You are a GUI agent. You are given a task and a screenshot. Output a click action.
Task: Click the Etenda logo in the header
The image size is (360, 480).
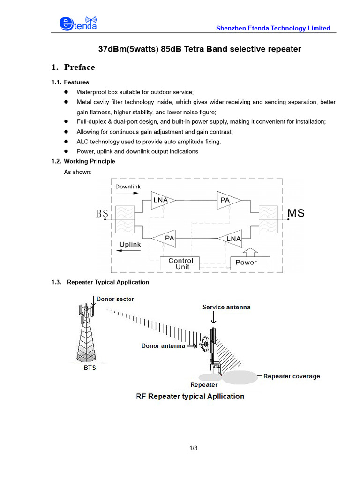tap(78, 24)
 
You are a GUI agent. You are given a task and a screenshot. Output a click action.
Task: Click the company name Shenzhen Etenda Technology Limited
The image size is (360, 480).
tap(273, 28)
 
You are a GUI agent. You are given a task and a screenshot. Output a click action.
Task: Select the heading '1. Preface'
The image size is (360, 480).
tap(73, 67)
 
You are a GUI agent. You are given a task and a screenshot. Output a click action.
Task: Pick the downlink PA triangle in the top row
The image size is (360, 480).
tap(228, 201)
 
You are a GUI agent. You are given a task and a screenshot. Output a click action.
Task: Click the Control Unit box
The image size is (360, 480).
tap(180, 263)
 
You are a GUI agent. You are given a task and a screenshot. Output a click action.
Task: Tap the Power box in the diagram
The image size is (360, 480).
tap(250, 263)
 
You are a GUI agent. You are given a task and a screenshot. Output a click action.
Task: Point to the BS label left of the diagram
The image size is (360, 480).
tap(102, 214)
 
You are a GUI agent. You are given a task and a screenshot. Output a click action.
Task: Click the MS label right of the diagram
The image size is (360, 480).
tap(295, 214)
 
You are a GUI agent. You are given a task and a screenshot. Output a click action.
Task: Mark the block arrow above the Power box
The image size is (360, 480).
tap(251, 251)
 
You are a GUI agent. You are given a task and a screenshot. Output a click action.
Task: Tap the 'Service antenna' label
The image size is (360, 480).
tap(226, 307)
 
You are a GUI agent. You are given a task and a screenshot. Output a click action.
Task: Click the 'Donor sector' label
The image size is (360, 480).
tap(115, 299)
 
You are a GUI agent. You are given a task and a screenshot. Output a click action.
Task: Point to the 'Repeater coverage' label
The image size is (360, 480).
tap(292, 376)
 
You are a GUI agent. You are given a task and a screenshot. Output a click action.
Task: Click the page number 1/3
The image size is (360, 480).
tap(194, 449)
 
